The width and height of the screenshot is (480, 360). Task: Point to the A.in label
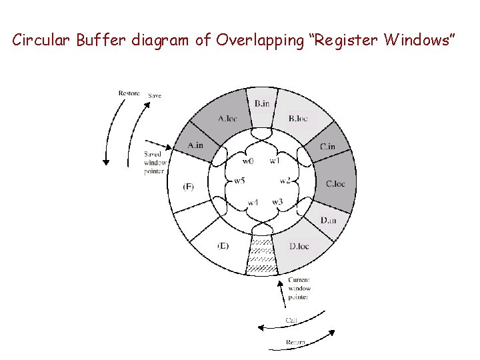click(x=195, y=145)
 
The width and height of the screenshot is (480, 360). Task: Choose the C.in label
click(x=327, y=147)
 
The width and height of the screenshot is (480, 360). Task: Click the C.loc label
click(x=335, y=184)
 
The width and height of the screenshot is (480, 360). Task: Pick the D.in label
click(x=328, y=220)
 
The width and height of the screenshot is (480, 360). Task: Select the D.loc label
click(x=299, y=246)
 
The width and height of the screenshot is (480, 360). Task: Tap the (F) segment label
click(x=188, y=187)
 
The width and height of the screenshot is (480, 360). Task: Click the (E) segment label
click(x=223, y=246)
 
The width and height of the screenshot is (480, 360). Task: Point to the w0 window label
click(x=247, y=161)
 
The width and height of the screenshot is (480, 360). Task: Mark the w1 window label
click(x=275, y=161)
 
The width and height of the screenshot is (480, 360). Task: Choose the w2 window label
click(x=285, y=181)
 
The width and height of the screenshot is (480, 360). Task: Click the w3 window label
click(x=277, y=201)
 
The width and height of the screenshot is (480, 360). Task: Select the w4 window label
click(x=253, y=202)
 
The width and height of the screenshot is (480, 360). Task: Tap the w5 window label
click(x=239, y=181)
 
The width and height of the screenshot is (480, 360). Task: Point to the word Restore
click(x=129, y=93)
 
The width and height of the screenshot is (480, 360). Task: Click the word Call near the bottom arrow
click(x=291, y=321)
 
